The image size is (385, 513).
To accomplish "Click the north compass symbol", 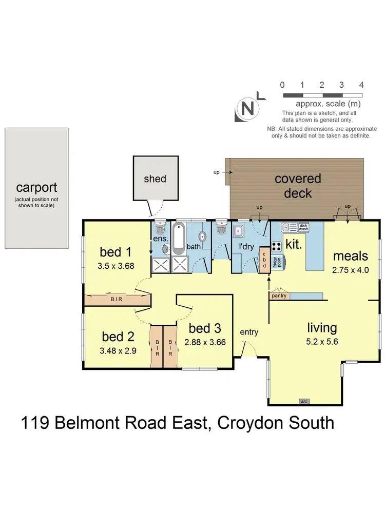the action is pos(247,108).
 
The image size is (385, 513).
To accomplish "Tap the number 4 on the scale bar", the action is pos(361,85).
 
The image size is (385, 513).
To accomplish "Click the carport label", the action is pos(36,187).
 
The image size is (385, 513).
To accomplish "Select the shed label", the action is pos(155,179).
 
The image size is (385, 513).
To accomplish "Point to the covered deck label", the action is pos(298,186).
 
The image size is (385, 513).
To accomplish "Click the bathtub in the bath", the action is pos(179,239).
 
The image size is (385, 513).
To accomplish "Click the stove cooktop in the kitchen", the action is pos(277,246).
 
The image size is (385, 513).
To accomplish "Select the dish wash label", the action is pos(303,227).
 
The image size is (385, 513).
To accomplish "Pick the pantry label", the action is pos(279,296).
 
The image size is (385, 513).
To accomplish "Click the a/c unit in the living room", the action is pos(304,402).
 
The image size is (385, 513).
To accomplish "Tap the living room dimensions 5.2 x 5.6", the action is pos(322,342).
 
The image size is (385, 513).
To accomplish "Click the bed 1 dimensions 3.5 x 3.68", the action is pos(116,266).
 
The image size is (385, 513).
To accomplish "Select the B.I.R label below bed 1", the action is pos(116,299).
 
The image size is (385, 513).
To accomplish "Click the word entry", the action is pos(249,332).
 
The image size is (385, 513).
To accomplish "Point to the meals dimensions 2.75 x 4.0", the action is pos(350,270).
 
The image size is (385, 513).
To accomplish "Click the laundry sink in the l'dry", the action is pos(238,231).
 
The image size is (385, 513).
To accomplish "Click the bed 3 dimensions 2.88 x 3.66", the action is pos(205,342).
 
